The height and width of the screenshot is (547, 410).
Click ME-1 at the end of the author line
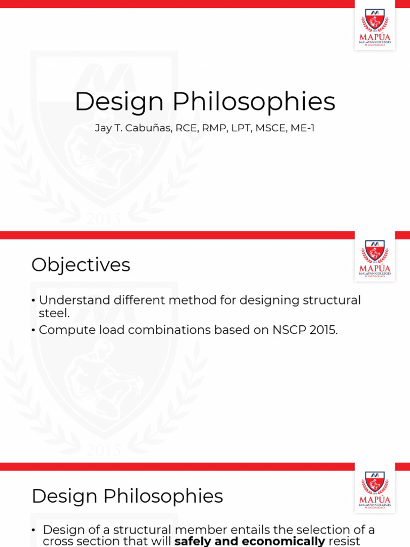(x=302, y=128)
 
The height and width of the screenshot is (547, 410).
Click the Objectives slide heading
(x=81, y=265)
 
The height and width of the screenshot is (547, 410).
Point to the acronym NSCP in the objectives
(x=289, y=330)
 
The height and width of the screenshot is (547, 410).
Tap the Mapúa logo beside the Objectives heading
(x=375, y=256)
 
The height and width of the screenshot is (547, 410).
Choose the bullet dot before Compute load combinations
(x=34, y=331)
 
